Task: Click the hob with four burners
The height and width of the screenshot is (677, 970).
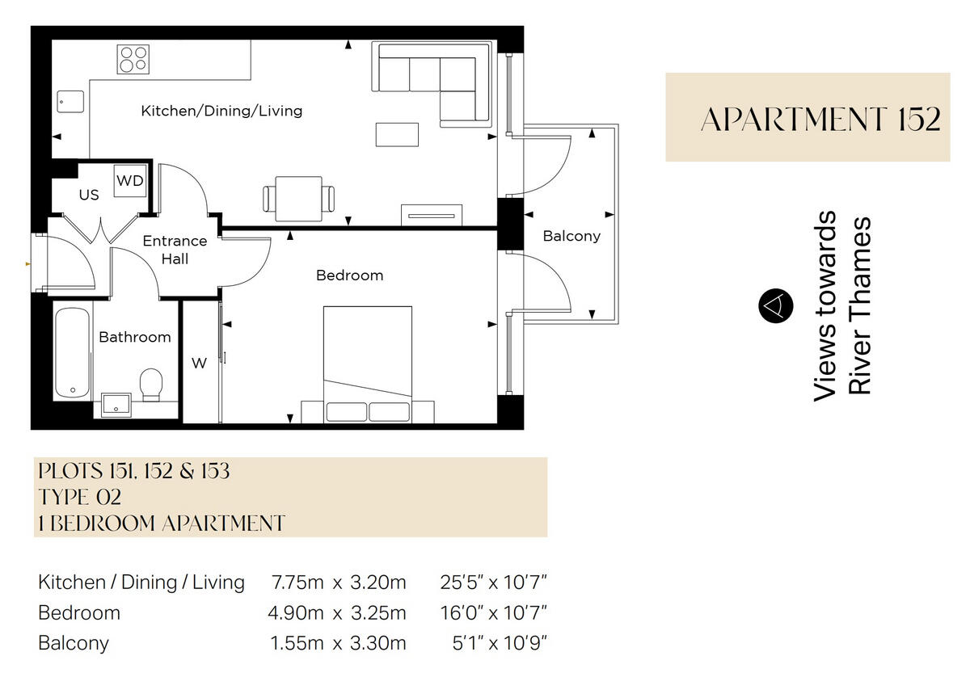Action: tap(133, 59)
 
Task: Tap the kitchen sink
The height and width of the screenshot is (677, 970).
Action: tap(70, 101)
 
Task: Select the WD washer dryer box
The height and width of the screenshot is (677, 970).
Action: tap(129, 181)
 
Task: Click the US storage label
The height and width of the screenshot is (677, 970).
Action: tap(89, 196)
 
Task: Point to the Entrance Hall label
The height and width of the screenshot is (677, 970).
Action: tap(175, 250)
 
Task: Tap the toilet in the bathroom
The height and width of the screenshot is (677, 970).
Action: tap(151, 385)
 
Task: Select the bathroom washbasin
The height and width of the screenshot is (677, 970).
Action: tap(117, 406)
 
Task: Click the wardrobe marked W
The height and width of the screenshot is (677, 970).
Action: tap(200, 364)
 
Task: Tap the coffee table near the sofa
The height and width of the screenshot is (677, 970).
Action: tap(397, 134)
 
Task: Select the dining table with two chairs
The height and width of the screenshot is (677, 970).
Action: tap(298, 198)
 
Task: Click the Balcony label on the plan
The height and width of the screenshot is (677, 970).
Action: tap(571, 237)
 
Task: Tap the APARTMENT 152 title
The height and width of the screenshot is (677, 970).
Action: tap(820, 119)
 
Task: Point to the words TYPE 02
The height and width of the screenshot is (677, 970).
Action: tap(79, 497)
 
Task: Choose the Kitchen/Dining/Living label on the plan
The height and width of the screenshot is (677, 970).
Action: tap(221, 111)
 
